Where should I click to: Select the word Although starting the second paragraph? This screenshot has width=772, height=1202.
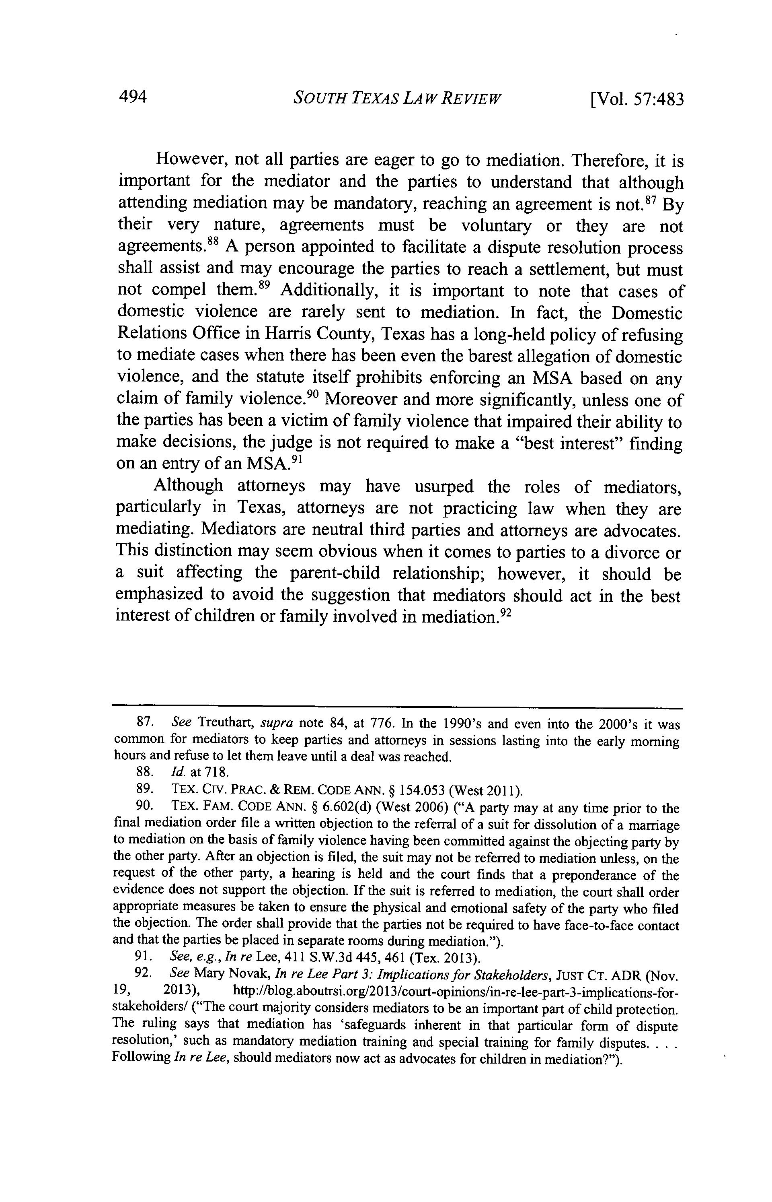189,486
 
